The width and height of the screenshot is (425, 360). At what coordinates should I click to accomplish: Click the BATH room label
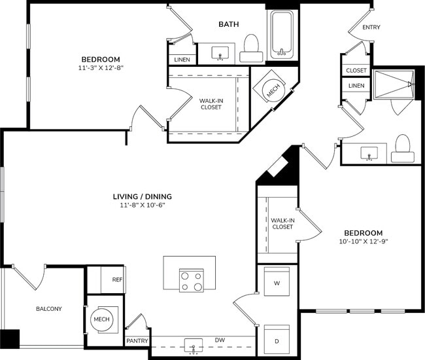click(x=229, y=24)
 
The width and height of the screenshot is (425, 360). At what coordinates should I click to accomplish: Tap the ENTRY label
click(x=371, y=27)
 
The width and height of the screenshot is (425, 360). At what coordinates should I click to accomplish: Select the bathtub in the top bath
click(x=282, y=33)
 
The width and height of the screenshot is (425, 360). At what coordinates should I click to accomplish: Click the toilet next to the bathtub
click(x=250, y=45)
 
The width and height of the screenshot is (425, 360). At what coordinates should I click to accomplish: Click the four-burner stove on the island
click(x=191, y=280)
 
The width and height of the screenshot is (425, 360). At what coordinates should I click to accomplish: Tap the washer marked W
click(x=277, y=283)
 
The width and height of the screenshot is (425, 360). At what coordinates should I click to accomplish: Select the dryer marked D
click(x=277, y=340)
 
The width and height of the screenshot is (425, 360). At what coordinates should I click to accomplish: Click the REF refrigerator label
click(x=118, y=279)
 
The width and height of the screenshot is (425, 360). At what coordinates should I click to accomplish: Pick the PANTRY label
click(x=137, y=341)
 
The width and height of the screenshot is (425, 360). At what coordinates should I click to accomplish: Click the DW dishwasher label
click(x=221, y=340)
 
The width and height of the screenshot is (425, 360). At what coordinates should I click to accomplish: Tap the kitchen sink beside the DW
click(x=194, y=345)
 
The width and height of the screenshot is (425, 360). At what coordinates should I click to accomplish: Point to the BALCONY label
click(x=48, y=308)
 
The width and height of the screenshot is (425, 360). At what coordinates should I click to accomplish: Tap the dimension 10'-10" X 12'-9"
click(x=363, y=242)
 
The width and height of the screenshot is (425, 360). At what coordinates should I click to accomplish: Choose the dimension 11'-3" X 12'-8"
click(x=100, y=67)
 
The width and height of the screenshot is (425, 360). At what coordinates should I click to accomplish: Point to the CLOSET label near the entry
click(x=356, y=70)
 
